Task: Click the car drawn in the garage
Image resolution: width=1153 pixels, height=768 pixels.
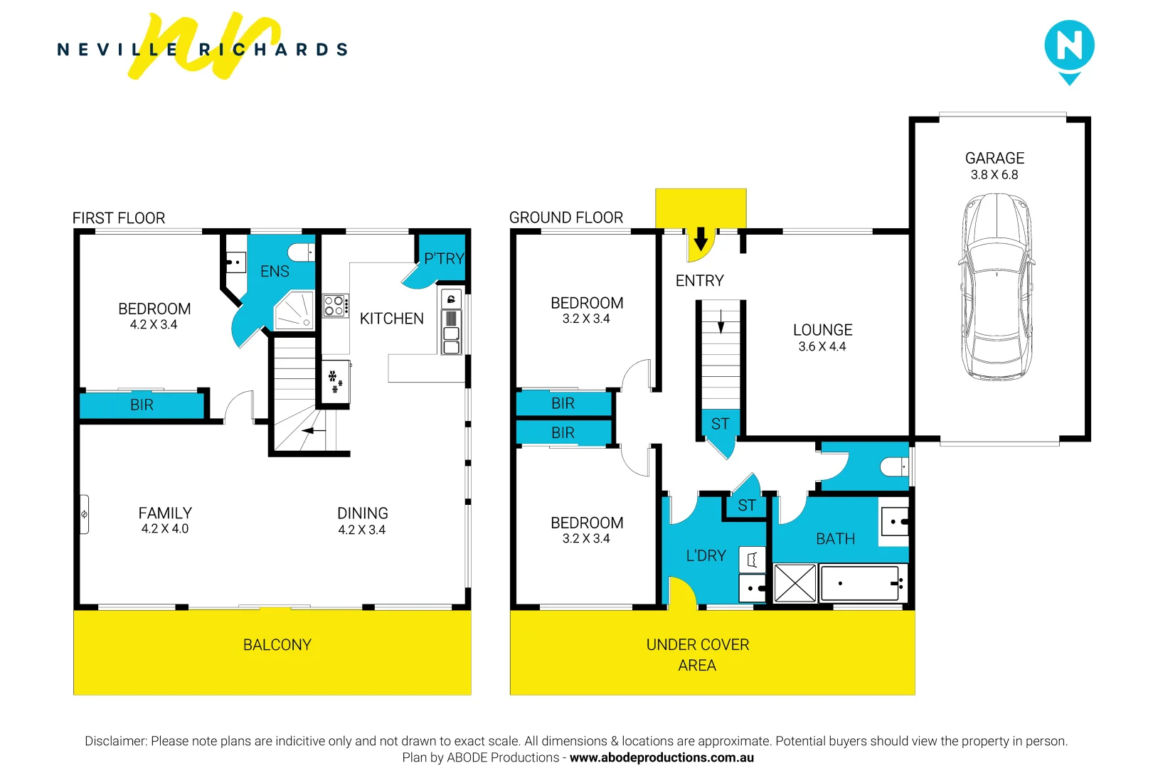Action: tap(995, 287)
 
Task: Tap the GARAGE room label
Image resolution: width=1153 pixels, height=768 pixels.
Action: tap(994, 158)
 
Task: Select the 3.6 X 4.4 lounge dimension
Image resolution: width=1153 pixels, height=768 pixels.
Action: tap(822, 347)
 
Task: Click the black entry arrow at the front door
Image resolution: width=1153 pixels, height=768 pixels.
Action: tap(701, 239)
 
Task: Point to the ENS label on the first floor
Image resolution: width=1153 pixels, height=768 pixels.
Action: tap(275, 272)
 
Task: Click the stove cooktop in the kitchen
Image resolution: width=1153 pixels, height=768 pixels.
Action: tap(334, 306)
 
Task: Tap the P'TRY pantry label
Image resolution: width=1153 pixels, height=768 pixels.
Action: tap(444, 259)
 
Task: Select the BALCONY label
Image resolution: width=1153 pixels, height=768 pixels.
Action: tap(277, 645)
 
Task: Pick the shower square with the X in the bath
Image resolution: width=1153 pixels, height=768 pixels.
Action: tap(795, 584)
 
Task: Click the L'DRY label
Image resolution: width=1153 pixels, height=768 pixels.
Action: tap(706, 556)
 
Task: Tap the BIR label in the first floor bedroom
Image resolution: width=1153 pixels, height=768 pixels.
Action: tap(142, 405)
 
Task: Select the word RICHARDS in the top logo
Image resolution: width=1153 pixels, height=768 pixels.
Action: tap(274, 50)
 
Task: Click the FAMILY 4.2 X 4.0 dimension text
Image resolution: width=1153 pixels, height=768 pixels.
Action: tap(165, 529)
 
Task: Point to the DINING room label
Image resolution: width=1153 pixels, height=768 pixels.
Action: tap(362, 513)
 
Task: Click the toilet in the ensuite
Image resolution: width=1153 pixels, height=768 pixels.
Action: tap(300, 252)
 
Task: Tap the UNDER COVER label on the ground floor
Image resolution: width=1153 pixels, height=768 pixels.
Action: tap(697, 645)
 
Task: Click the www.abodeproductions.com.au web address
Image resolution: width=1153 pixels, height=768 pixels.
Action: tap(661, 758)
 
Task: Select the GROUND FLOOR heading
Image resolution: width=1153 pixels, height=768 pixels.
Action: tap(565, 218)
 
